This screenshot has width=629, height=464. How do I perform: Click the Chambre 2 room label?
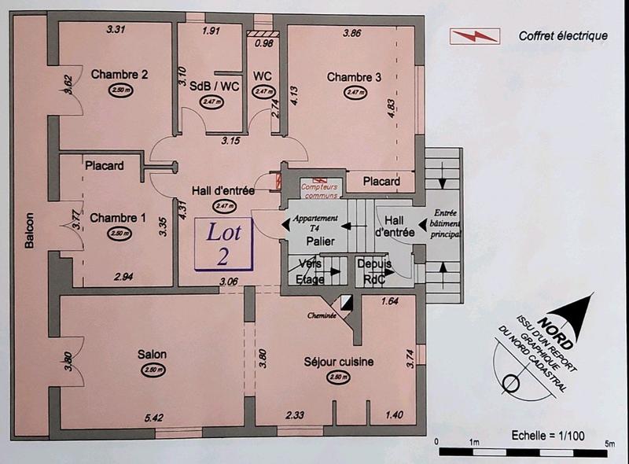tap(120, 75)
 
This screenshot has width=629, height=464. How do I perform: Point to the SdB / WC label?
tap(215, 86)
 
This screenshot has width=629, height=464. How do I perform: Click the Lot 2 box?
tap(224, 243)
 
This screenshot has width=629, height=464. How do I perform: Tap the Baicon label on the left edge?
tap(30, 230)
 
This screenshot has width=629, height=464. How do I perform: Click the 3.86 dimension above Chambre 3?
tap(351, 34)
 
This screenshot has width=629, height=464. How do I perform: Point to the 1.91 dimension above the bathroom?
tap(211, 31)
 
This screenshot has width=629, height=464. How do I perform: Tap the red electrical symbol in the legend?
tap(473, 35)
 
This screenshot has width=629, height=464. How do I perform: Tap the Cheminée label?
tap(322, 315)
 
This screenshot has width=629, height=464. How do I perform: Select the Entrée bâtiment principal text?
tap(444, 223)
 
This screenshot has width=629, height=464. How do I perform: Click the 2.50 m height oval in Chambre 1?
tap(118, 234)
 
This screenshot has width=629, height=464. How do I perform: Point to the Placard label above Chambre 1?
tap(104, 166)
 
